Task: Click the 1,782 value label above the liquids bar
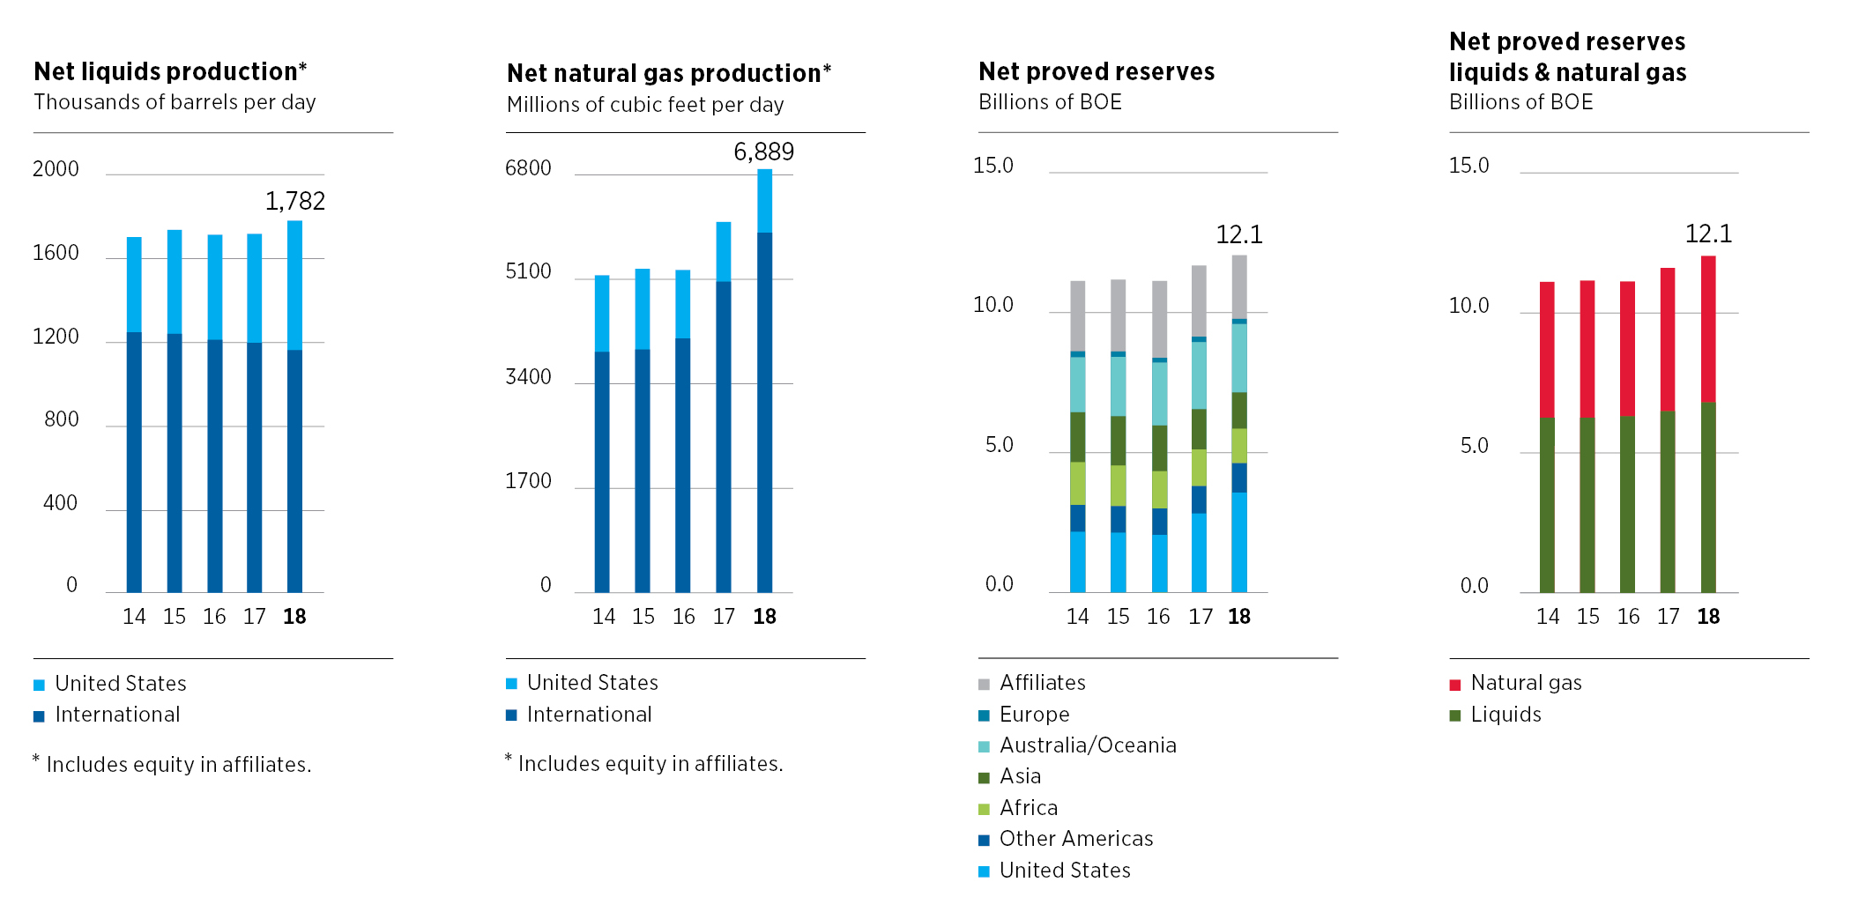(295, 202)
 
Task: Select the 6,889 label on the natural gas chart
(763, 152)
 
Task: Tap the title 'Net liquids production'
(170, 71)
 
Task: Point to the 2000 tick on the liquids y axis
(56, 169)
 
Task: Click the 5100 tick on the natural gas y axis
(528, 271)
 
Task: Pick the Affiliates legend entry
(1042, 683)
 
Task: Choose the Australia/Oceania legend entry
(1087, 745)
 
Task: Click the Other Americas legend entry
(1075, 839)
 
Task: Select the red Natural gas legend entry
(1526, 683)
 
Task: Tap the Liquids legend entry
(1505, 715)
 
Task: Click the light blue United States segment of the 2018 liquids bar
(294, 285)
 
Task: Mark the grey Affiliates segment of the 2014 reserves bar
(1078, 315)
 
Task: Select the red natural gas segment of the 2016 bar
(1627, 348)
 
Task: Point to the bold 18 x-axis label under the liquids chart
(294, 617)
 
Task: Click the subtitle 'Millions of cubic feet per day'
(645, 105)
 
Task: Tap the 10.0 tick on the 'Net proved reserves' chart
(992, 305)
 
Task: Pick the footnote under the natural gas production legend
(645, 763)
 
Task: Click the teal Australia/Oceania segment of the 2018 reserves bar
(1239, 358)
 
